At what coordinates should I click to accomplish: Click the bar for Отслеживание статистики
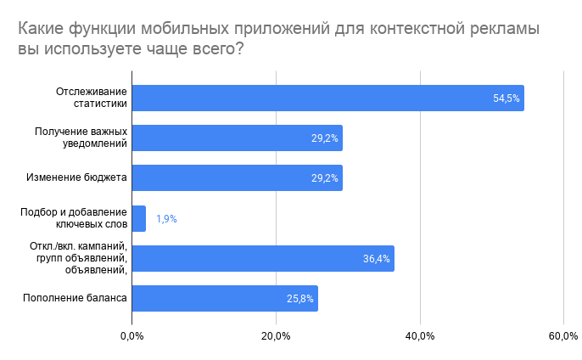[x=327, y=98]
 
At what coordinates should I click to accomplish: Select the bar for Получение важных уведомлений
[x=237, y=138]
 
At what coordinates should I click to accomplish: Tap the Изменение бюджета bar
[x=237, y=177]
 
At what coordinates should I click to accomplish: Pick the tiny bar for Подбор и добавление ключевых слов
[x=139, y=218]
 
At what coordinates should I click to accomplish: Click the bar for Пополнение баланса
[x=225, y=298]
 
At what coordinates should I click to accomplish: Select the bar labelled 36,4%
[x=263, y=258]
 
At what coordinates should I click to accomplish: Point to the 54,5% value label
[x=506, y=98]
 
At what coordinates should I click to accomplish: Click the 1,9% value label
[x=166, y=218]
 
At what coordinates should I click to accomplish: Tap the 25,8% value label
[x=300, y=298]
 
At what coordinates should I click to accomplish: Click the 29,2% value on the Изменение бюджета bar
[x=325, y=178]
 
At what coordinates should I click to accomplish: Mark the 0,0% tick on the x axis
[x=132, y=336]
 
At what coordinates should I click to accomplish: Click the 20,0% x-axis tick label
[x=277, y=336]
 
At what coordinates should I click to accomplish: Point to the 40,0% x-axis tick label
[x=421, y=336]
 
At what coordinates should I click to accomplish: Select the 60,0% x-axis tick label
[x=564, y=336]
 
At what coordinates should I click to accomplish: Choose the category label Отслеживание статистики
[x=92, y=98]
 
